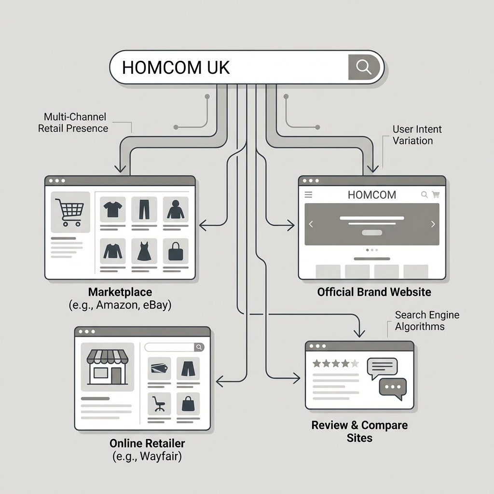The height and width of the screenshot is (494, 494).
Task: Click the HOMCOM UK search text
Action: point(176,68)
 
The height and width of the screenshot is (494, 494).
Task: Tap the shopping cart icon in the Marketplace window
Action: point(69,212)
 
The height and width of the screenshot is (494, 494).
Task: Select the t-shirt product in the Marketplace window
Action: point(113,209)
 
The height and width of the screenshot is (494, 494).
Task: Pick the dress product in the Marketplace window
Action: point(144,251)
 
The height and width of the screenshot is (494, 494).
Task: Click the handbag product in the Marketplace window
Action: point(175,251)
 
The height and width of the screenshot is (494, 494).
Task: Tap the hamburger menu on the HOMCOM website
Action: point(309,195)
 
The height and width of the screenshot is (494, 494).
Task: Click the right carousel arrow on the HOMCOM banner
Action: point(433,224)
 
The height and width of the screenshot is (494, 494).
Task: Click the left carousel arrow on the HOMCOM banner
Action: point(311,224)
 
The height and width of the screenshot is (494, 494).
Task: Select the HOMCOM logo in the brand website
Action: point(371,195)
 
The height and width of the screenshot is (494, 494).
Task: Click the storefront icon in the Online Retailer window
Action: point(107,367)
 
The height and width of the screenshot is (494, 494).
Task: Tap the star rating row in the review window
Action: point(336,363)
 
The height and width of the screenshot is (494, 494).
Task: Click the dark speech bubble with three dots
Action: point(393,387)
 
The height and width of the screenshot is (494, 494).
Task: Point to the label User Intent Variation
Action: point(417,135)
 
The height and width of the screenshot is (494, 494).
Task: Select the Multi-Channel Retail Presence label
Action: point(73,123)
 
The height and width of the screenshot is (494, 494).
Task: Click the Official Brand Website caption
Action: point(374,292)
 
